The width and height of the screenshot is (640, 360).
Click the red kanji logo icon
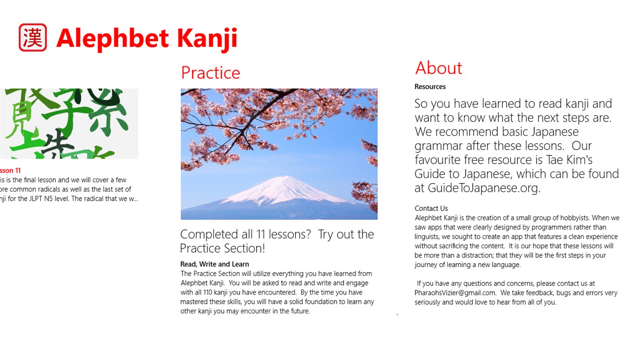pos(32,38)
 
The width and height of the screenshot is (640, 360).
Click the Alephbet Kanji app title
pos(146,38)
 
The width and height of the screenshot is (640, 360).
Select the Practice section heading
pos(210,73)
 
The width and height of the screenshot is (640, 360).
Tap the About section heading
pos(438,68)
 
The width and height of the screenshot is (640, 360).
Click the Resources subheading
pos(430,86)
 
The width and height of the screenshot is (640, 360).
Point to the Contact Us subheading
pos(431,209)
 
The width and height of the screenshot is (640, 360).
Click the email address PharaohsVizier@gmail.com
pos(455,293)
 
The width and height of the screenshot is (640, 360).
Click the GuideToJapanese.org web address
pos(484,188)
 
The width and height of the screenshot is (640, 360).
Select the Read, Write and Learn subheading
pos(215,264)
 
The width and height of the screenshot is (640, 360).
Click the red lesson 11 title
pos(10,171)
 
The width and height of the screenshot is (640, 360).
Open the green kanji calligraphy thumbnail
pos(69,124)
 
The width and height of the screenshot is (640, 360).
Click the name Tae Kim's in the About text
pos(569,160)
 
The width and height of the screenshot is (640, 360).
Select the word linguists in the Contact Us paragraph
pos(429,236)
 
